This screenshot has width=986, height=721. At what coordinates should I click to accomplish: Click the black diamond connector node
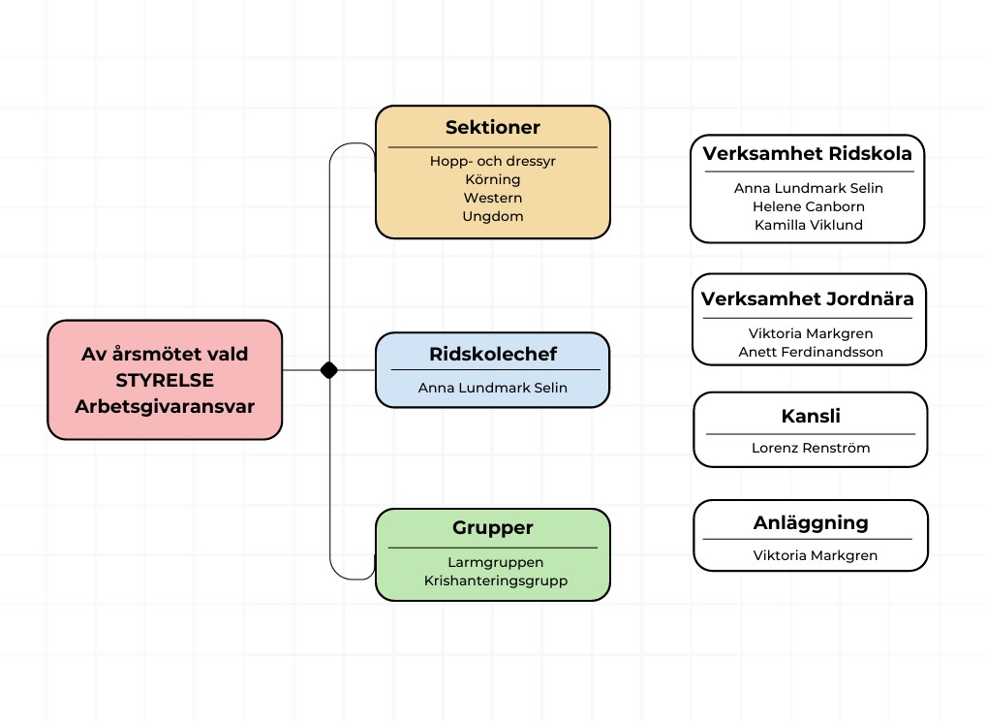pos(328,369)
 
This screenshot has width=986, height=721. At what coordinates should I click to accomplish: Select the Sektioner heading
pos(492,127)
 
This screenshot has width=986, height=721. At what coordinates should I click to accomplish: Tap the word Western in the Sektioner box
pos(492,198)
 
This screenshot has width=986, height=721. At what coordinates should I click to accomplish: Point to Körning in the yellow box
pos(492,179)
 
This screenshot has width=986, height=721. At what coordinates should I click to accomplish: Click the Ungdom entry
pos(492,216)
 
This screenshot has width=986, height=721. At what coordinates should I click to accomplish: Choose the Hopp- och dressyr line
pos(492,161)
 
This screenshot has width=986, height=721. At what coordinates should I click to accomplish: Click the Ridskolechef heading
pos(492,354)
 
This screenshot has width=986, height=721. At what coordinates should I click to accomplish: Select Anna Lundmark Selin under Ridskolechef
pos(492,388)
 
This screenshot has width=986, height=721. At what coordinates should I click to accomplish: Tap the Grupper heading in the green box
pos(492,528)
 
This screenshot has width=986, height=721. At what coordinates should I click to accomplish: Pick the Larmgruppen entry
pos(495,562)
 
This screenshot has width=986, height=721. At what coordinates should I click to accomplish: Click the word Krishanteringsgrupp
pos(495,580)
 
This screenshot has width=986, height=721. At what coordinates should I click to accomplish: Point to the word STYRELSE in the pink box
pos(165,380)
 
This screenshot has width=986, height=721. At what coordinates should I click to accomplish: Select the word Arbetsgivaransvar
pos(165,406)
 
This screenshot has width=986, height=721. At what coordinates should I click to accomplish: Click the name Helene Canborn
pos(808,206)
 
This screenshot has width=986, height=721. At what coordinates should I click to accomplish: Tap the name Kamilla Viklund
pos(808,225)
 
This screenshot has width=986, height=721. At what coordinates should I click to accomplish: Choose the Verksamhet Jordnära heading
pos(807,298)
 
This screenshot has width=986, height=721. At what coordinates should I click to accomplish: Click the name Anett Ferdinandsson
pos(810,352)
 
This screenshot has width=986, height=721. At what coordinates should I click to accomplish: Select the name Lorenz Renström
pos(810,448)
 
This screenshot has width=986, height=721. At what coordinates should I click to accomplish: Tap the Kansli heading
pos(810,417)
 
